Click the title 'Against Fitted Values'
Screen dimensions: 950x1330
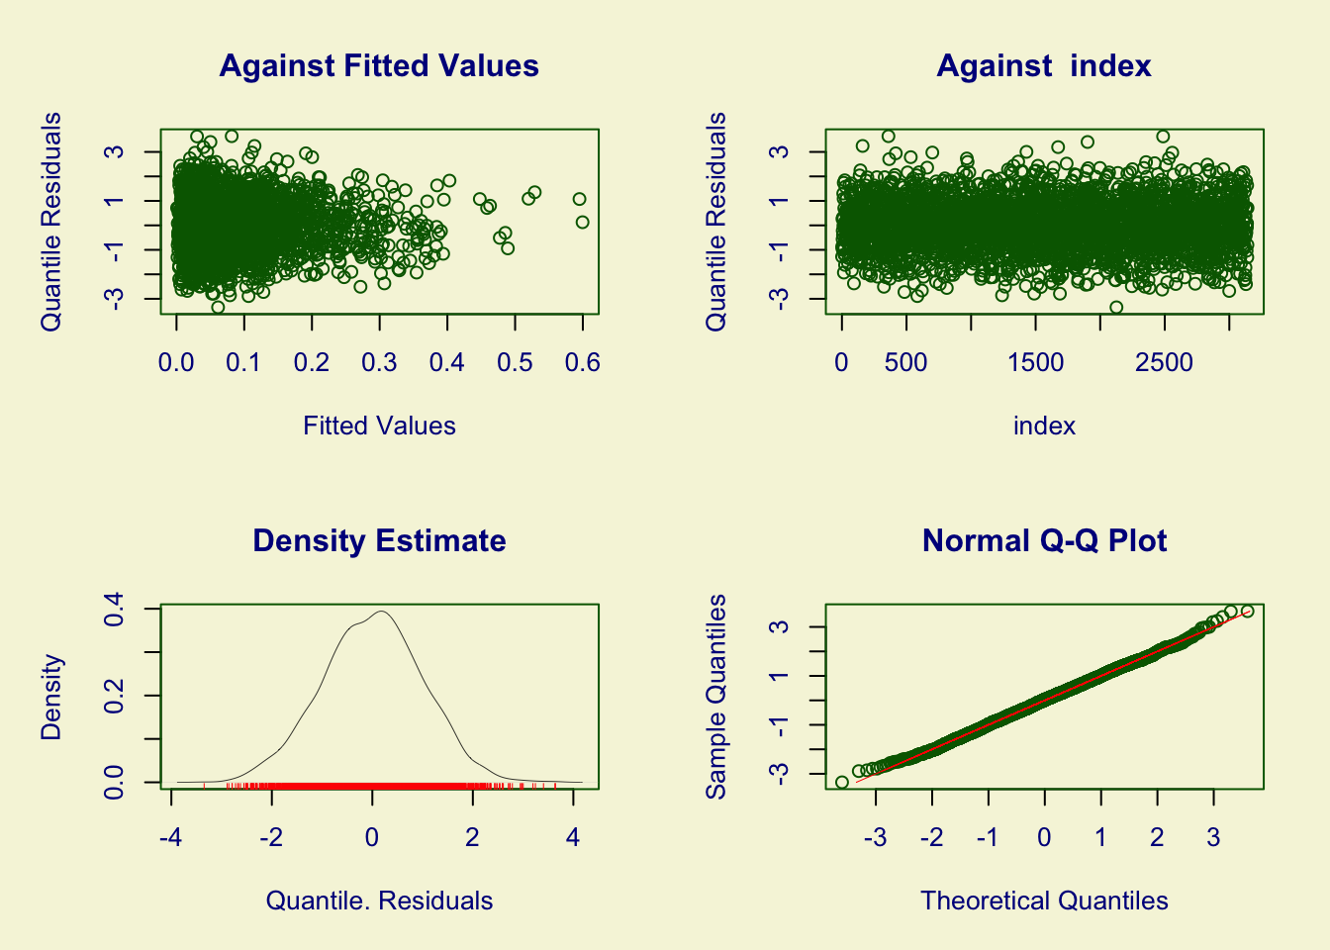(379, 66)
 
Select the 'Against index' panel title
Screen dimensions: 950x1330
(1044, 66)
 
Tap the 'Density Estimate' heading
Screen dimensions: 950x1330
(379, 541)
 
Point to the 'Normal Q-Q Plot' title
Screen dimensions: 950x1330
(1044, 541)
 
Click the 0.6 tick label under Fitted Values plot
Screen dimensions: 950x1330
(582, 362)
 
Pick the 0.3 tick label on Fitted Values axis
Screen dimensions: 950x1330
(379, 362)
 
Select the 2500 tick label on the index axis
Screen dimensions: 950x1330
(1165, 362)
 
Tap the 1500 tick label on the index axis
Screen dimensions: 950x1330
(1035, 362)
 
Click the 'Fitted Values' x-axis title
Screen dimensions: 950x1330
(379, 427)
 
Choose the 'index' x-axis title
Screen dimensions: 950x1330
(1044, 427)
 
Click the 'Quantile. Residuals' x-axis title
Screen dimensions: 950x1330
(379, 902)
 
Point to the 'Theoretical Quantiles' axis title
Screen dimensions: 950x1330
(1044, 902)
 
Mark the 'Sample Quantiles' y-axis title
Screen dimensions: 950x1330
(716, 697)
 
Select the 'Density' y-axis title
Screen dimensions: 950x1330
(51, 697)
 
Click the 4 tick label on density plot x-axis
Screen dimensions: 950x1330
(573, 837)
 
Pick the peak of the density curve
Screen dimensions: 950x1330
(382, 611)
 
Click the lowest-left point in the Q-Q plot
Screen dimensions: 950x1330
(842, 783)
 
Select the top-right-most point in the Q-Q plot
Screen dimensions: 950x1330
(1247, 612)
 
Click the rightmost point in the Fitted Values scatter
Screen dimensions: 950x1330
(583, 223)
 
